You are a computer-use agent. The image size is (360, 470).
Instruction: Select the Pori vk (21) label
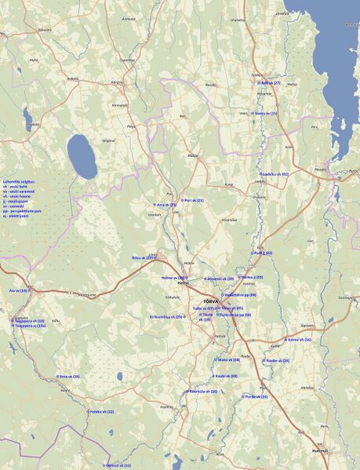pyautogui.click(x=192, y=200)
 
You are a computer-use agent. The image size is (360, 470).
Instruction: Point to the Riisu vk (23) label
pyautogui.click(x=143, y=257)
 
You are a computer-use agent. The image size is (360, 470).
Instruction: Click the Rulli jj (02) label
pyautogui.click(x=262, y=253)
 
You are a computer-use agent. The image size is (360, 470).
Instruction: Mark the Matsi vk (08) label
pyautogui.click(x=227, y=359)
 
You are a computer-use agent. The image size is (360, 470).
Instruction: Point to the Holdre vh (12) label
pyautogui.click(x=101, y=411)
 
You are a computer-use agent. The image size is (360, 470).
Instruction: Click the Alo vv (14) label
pyautogui.click(x=19, y=290)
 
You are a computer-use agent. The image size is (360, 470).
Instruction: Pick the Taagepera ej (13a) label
pyautogui.click(x=29, y=326)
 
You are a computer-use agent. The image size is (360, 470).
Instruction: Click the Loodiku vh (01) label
pyautogui.click(x=275, y=174)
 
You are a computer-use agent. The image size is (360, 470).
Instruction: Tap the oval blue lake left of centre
pyautogui.click(x=82, y=156)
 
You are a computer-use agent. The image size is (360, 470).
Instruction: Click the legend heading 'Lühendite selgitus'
pyautogui.click(x=18, y=180)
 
